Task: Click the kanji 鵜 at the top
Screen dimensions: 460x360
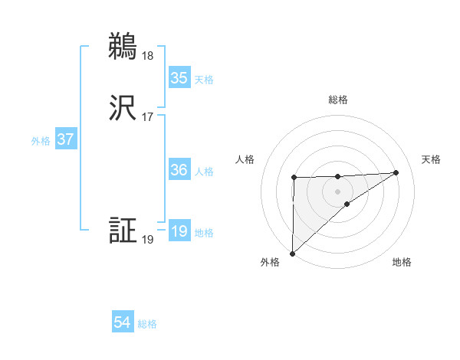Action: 123,47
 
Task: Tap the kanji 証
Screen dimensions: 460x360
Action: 123,231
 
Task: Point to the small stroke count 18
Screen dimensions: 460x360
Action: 147,55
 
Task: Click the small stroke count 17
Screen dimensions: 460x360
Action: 147,117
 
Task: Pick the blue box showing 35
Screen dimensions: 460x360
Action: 179,78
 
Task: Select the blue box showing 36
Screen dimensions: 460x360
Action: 179,170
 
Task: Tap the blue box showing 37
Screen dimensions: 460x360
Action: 66,140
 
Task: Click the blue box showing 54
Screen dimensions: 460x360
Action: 123,323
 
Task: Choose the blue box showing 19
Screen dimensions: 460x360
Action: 179,231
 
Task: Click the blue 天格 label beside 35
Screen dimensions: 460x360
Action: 204,79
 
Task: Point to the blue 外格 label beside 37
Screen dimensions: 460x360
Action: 41,141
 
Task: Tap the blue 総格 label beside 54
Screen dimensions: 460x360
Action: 147,324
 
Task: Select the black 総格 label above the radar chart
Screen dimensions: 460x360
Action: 338,100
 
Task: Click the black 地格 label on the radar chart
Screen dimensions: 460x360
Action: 402,262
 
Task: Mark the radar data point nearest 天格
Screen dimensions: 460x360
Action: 396,172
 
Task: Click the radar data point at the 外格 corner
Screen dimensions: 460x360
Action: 292,254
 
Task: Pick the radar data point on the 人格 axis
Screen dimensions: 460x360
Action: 294,178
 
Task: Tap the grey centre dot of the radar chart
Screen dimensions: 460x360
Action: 338,191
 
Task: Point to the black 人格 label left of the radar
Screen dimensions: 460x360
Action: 245,159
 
